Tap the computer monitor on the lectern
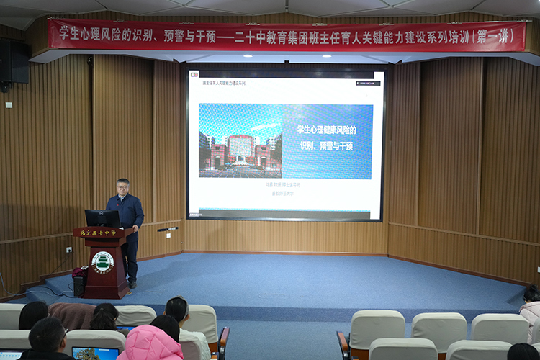102,218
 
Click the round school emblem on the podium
103,261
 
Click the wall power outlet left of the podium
69,249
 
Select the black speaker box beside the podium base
79,282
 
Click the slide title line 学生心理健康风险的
326,130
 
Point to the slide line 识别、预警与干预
326,145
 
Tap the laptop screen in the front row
95,354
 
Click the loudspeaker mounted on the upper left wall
14,61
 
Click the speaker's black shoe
132,284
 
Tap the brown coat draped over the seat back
71,315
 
